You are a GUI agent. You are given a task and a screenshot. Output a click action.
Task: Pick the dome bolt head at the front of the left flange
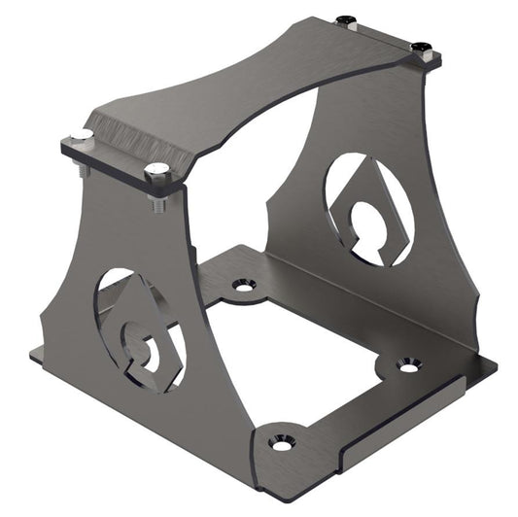click(x=157, y=172)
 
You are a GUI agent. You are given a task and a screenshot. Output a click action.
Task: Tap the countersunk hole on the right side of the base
click(x=409, y=364)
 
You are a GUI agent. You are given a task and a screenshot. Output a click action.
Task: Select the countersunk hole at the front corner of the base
click(x=281, y=441)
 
